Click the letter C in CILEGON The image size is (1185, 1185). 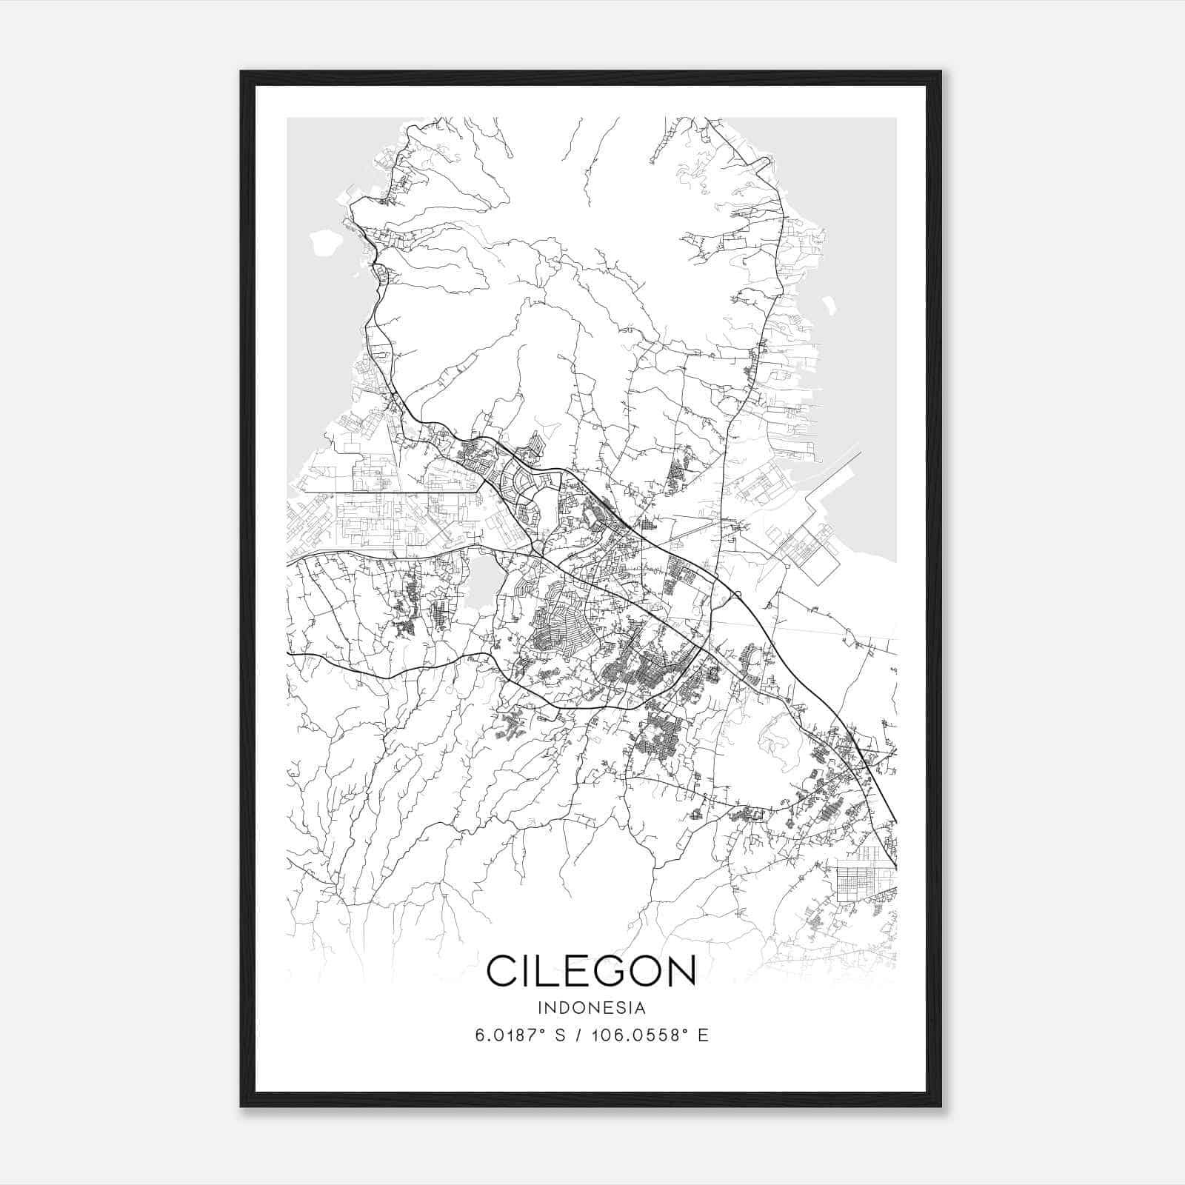502,970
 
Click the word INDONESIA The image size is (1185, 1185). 592,1008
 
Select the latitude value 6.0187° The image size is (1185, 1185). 507,1035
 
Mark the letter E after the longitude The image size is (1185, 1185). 704,1035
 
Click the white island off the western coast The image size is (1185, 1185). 323,241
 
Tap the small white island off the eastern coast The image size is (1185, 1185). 829,303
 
